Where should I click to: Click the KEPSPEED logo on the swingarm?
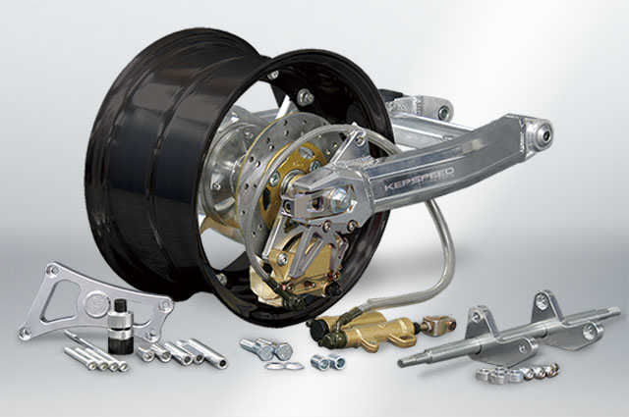[x=419, y=179]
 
